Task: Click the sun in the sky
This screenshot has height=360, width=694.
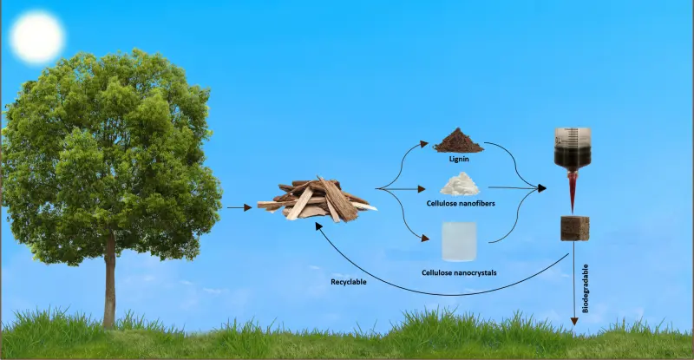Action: pos(37,37)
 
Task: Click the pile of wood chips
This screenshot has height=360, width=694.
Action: pos(317,200)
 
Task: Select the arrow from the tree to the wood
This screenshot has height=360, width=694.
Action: pos(239,207)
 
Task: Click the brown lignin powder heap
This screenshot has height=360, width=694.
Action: pos(459,141)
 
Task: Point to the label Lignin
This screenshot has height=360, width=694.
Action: pos(459,159)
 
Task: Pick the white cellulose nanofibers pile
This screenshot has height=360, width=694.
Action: pos(460,184)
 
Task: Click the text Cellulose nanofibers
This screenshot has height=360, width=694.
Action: pos(461,203)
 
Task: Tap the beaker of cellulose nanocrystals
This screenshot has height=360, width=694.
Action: pos(459,241)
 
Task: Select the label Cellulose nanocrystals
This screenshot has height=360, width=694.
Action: pos(459,272)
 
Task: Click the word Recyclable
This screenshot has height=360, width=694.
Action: pos(349,282)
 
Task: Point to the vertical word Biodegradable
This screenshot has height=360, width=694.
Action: pos(586,289)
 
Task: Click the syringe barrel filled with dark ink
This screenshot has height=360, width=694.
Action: pos(573,149)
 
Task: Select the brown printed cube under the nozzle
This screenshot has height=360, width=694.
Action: pos(575,228)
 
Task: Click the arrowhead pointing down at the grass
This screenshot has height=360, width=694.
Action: pos(574,321)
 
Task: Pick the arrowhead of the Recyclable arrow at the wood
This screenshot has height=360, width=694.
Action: pos(318,226)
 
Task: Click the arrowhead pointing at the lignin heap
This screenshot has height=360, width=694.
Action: pos(424,144)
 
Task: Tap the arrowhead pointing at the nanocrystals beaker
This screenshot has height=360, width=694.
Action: pos(425,239)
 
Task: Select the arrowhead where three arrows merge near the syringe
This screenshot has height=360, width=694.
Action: pos(542,188)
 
